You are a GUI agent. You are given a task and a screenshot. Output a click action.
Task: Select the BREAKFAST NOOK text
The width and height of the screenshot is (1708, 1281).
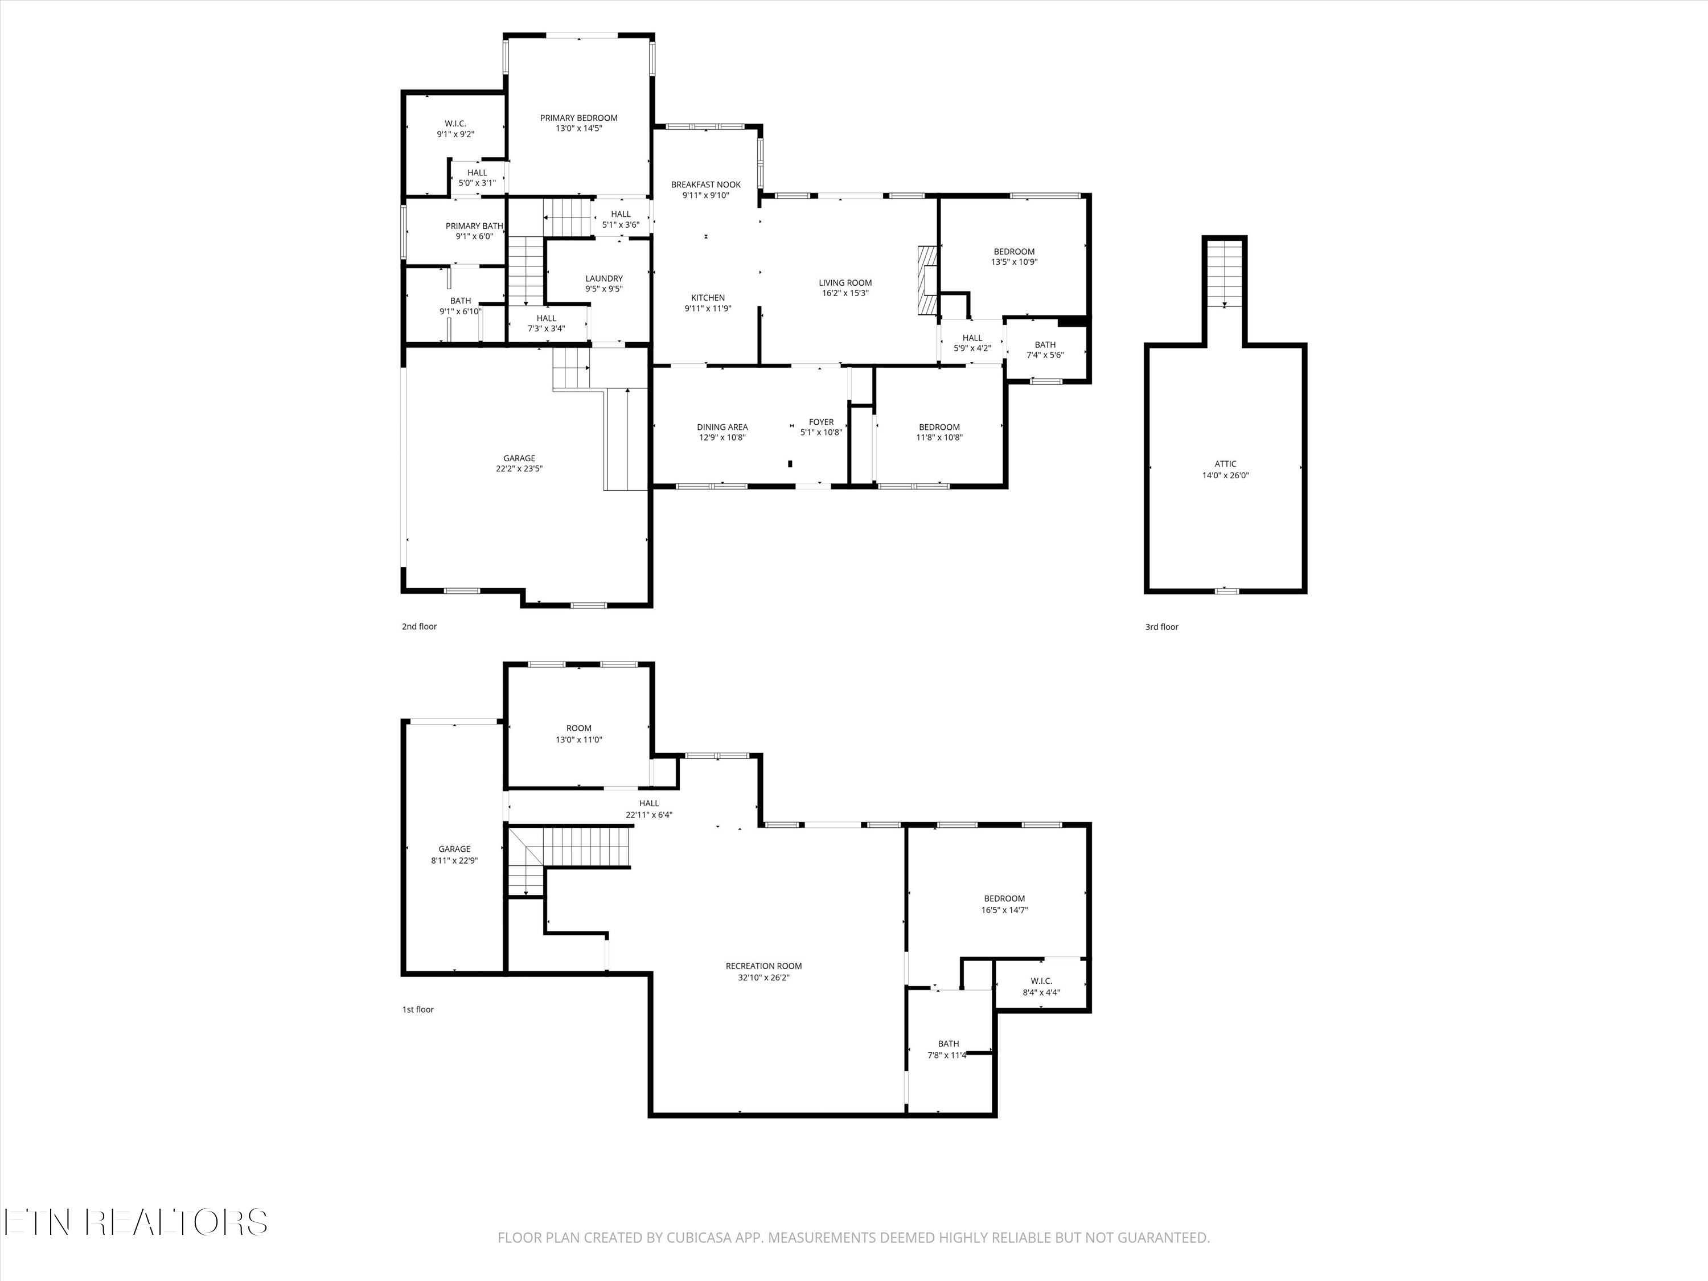pos(706,184)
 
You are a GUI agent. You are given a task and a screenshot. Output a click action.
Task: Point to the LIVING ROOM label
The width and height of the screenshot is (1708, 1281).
pos(845,282)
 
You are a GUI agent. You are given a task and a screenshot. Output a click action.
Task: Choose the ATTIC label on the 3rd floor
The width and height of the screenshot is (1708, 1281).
pos(1225,464)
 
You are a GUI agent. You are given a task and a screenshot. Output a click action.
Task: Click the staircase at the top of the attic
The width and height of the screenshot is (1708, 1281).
pos(1225,273)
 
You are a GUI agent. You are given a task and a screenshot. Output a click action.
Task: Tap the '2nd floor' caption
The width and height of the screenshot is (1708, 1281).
pos(419,626)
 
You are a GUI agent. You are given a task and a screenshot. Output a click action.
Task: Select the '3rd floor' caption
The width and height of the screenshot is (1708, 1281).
pos(1161,627)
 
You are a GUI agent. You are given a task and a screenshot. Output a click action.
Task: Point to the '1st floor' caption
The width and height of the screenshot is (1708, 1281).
pos(418,1009)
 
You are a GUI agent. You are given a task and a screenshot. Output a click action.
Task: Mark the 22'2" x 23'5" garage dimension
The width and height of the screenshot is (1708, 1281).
pos(520,469)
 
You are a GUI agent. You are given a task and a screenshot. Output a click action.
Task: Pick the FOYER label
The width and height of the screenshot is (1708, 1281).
pos(821,422)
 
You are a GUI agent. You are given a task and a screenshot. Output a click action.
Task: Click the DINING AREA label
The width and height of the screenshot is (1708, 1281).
pos(722,427)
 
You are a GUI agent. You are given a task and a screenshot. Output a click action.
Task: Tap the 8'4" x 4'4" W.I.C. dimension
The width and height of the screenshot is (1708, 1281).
pos(1041,992)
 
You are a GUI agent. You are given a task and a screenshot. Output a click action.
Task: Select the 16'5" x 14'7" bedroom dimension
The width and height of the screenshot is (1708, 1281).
pos(1004,910)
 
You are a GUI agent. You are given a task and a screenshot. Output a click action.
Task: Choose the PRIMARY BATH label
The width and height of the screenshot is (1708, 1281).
pos(474,226)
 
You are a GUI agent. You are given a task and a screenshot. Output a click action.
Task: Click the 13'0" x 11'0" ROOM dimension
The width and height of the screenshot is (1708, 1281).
pos(579,739)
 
